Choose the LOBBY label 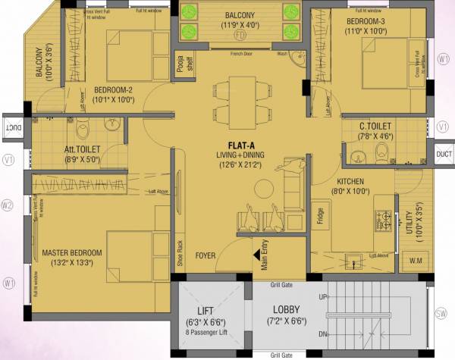click(287, 310)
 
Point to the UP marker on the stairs click(322, 296)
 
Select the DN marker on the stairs click(322, 334)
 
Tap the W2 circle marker click(8, 205)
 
